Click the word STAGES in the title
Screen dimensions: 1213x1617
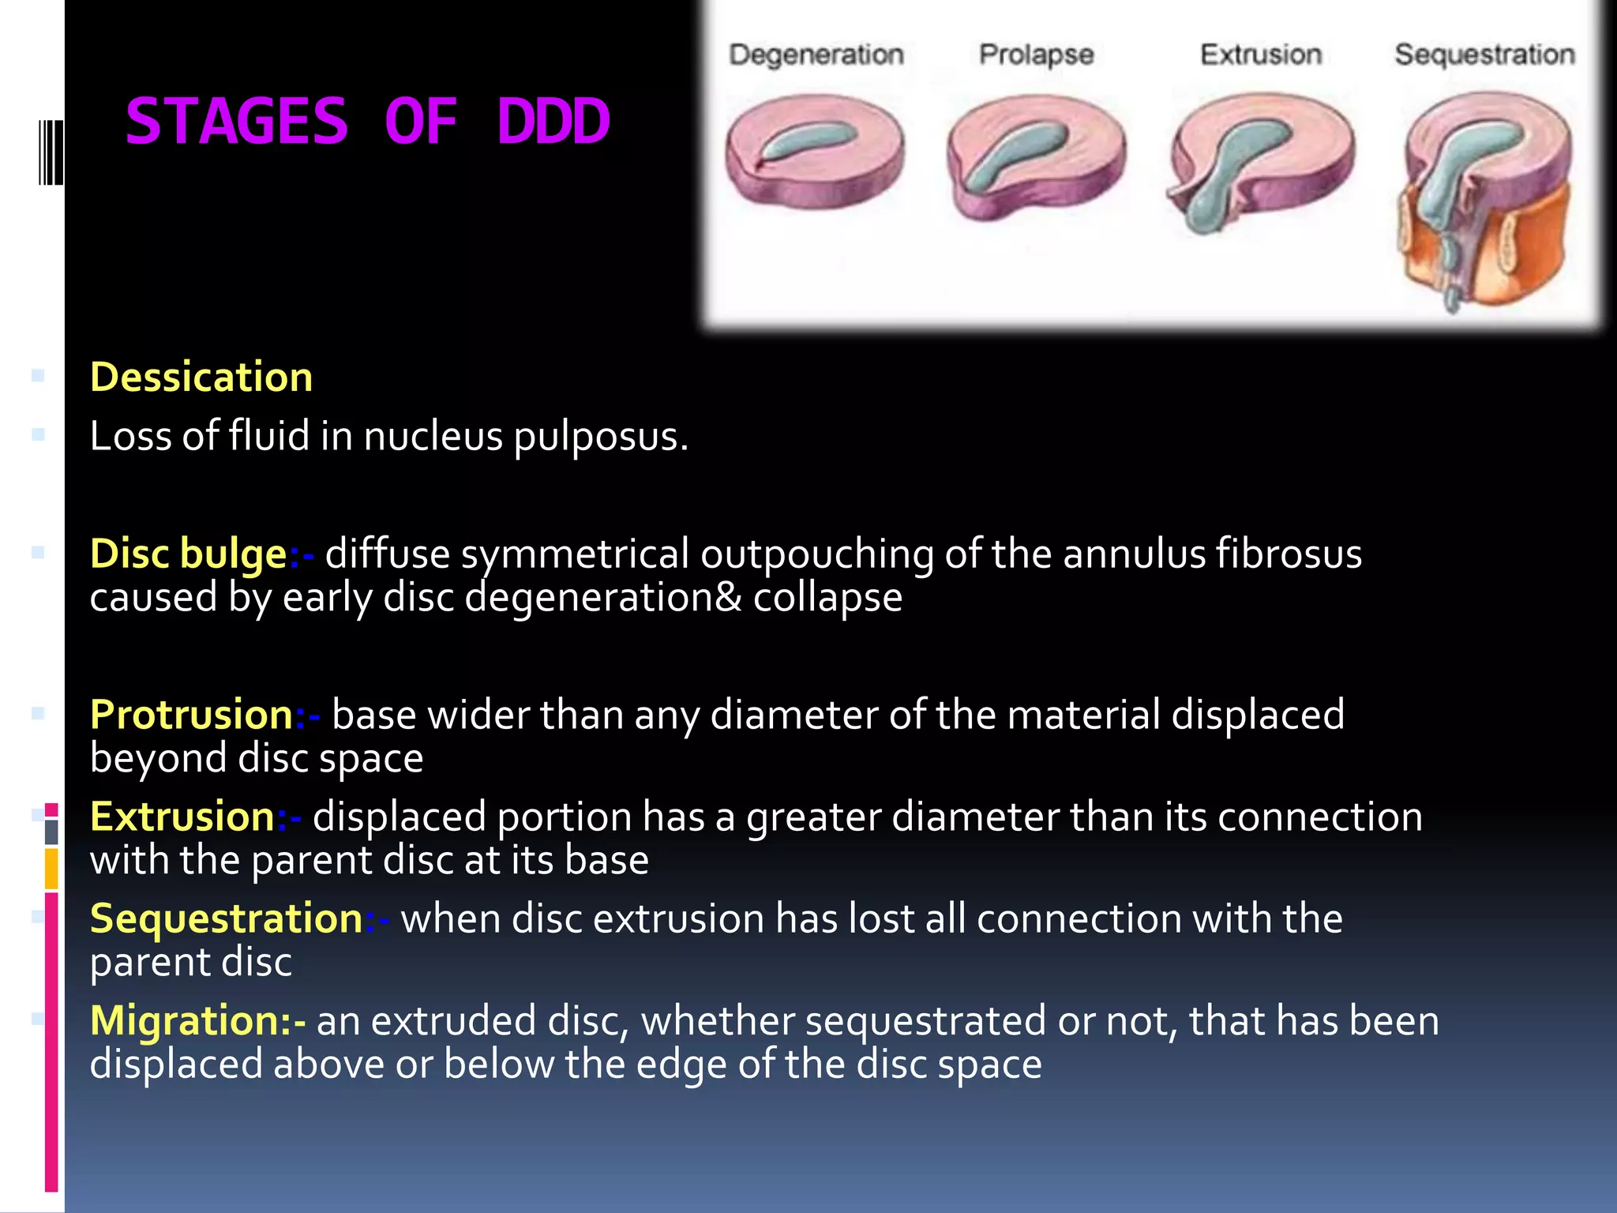(236, 122)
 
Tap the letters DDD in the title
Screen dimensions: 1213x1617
(553, 122)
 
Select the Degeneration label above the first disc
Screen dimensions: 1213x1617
(816, 54)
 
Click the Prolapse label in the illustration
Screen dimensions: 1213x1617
(1036, 54)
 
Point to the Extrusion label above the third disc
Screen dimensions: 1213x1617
(1260, 54)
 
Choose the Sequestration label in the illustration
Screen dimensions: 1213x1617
(1484, 54)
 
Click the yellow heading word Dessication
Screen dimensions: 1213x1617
(201, 377)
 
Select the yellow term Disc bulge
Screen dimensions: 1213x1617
(188, 553)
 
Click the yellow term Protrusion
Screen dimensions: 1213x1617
(192, 714)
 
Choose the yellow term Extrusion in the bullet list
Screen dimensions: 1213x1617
(182, 816)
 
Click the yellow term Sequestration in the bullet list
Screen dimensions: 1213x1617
(226, 918)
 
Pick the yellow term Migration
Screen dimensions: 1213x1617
(190, 1020)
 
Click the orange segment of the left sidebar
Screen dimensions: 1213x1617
(51, 869)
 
